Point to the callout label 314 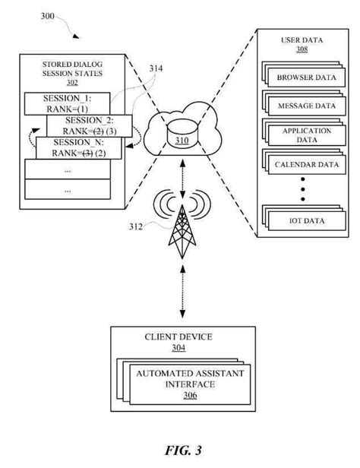(x=155, y=69)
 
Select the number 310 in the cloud (x=181, y=142)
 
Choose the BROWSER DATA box (x=305, y=78)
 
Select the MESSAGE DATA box (x=305, y=106)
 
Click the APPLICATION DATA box (x=305, y=135)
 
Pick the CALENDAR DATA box (x=305, y=164)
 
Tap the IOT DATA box (x=305, y=220)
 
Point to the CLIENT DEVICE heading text (x=178, y=337)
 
